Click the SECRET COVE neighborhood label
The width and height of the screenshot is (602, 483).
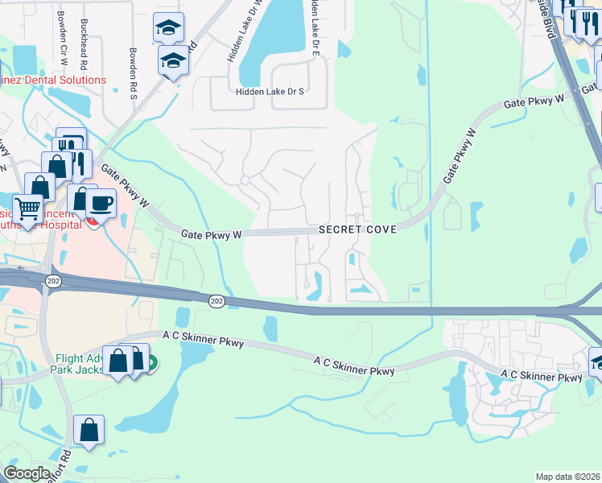click(x=357, y=230)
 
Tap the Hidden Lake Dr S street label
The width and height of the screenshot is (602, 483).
click(x=270, y=92)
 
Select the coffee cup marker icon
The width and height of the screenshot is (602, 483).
click(x=100, y=203)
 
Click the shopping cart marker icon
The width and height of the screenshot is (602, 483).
click(x=27, y=209)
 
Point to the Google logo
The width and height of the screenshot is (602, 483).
click(x=27, y=473)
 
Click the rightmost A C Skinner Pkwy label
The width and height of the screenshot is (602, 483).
click(x=541, y=376)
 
